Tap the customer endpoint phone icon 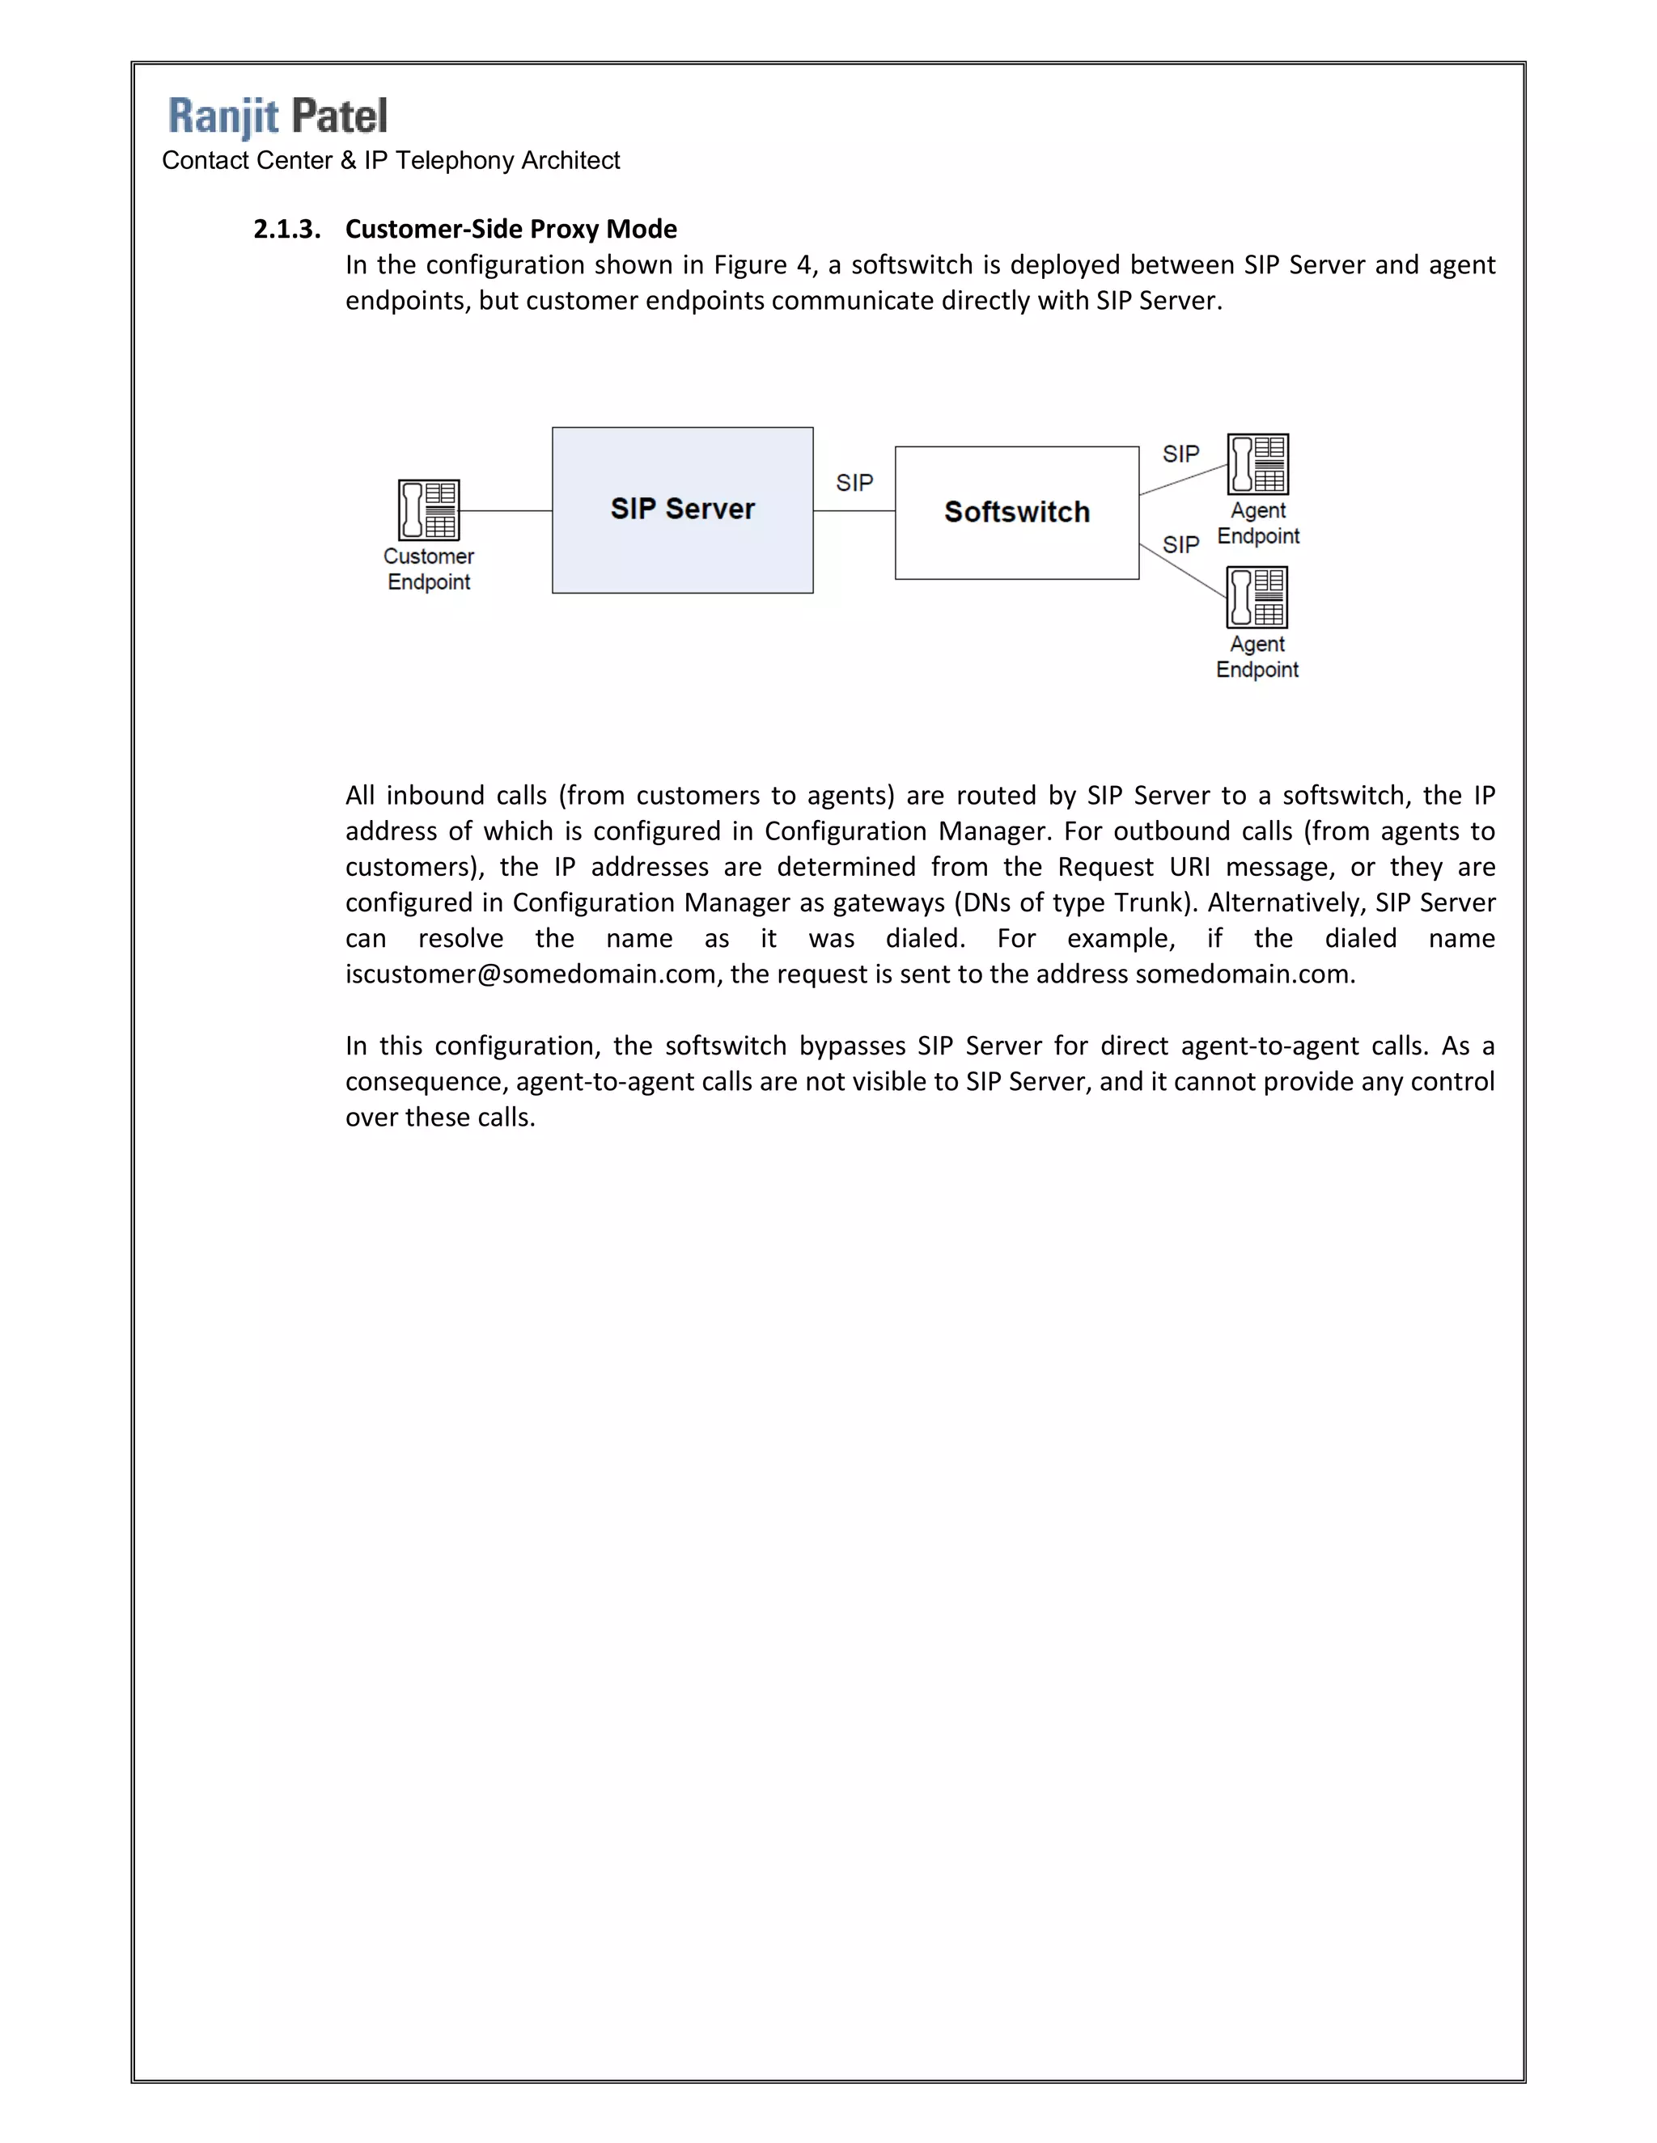pos(429,509)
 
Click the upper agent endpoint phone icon pos(1257,464)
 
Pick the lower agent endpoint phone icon pos(1257,597)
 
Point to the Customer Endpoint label pos(429,569)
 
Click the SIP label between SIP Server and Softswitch pos(854,483)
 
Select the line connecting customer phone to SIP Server pos(506,510)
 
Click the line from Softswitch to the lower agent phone pos(1182,570)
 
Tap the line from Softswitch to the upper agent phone pos(1183,480)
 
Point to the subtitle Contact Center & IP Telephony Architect pos(391,161)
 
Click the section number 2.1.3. pos(286,230)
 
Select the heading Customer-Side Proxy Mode pos(511,230)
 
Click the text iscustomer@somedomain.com pos(530,974)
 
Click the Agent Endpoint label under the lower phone pos(1257,657)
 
